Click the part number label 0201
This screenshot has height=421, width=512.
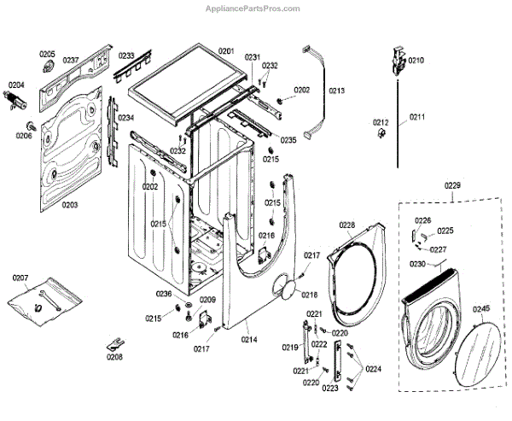(x=225, y=51)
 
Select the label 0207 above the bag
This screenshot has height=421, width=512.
(x=20, y=278)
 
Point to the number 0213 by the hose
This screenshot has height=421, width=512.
(x=336, y=91)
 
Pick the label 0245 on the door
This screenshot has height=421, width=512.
(x=481, y=308)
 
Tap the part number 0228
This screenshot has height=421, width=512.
(x=346, y=225)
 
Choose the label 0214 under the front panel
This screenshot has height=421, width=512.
(x=248, y=340)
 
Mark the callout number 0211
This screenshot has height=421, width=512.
(x=416, y=116)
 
